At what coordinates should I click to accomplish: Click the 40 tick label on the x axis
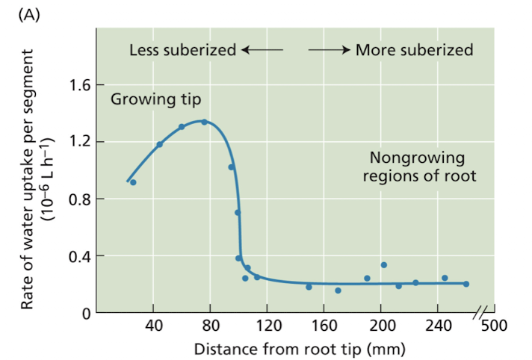pos(153,327)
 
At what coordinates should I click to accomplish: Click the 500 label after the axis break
pos(494,327)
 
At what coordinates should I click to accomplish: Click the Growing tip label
pos(156,99)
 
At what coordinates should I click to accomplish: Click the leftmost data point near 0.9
pos(133,182)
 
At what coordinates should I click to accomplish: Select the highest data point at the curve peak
pos(204,122)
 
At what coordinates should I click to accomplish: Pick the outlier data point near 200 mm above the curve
pos(383,264)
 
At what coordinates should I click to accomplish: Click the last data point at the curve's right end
pos(466,284)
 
